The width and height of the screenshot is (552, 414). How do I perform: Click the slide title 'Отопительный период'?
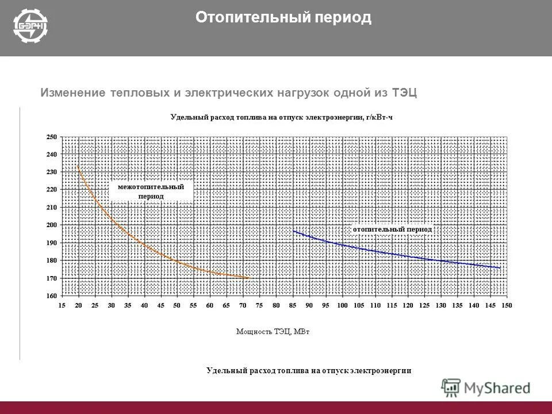click(283, 18)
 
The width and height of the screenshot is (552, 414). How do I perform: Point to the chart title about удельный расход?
click(281, 117)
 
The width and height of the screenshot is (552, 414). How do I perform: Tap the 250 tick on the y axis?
click(52, 137)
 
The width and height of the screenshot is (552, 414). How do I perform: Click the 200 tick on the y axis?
click(52, 225)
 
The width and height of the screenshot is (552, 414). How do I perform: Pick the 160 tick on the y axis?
click(52, 296)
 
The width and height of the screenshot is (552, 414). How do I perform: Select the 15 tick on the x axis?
click(62, 305)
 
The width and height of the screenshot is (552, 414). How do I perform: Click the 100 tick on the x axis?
click(343, 305)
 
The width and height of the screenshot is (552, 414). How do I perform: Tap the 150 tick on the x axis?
click(507, 305)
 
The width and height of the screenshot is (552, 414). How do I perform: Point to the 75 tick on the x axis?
click(259, 305)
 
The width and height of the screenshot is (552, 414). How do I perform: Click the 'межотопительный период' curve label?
click(151, 191)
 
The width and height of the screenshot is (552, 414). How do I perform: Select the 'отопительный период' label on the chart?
click(392, 229)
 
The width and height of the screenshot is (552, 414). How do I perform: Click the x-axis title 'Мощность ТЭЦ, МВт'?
click(273, 331)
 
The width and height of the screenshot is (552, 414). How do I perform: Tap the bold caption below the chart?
click(309, 370)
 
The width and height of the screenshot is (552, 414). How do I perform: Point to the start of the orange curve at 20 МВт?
click(78, 167)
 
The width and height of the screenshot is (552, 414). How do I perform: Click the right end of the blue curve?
click(500, 267)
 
